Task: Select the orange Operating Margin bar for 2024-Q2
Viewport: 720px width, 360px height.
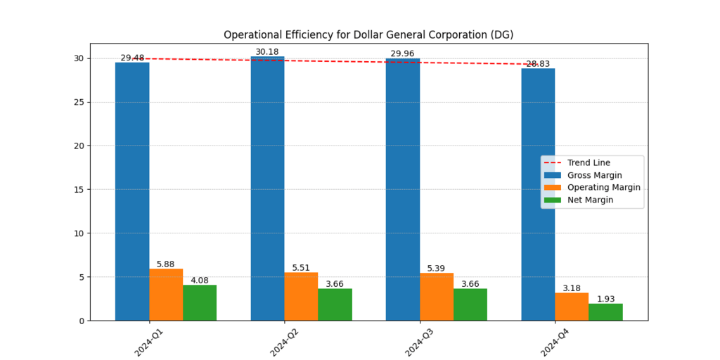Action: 301,296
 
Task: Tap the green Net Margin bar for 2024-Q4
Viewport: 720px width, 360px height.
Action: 605,311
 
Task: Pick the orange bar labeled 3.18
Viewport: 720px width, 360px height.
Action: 572,307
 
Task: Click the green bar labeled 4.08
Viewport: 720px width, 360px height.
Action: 200,302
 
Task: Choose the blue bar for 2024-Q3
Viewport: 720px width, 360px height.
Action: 402,190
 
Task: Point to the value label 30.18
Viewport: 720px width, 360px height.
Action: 267,52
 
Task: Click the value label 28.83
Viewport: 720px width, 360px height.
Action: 538,64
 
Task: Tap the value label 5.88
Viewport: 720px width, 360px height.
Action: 166,264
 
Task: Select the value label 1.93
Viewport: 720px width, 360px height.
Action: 605,299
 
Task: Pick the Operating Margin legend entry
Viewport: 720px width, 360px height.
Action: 603,188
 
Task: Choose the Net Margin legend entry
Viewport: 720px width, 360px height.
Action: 590,200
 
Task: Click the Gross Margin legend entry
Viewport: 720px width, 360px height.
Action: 594,175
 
